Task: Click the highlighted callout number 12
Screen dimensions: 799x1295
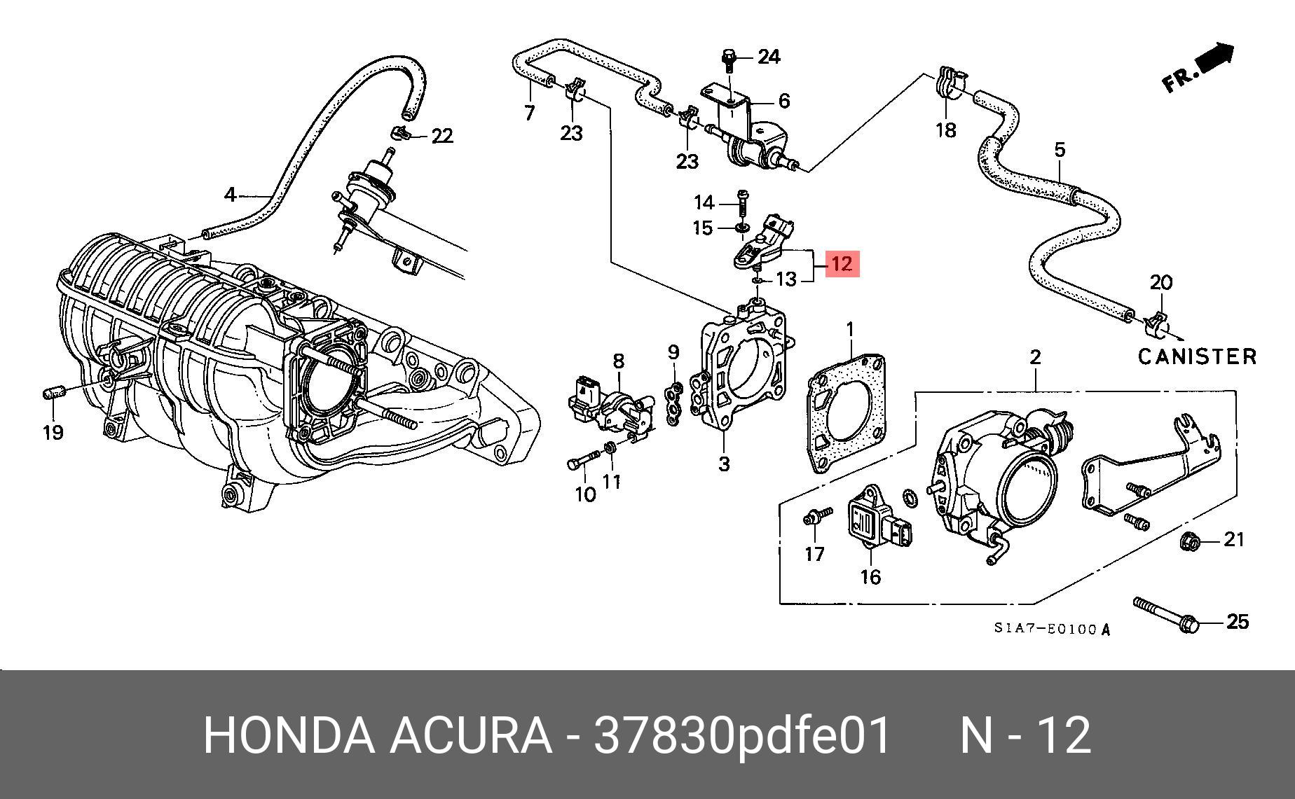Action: point(842,264)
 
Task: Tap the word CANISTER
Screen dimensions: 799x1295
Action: point(1197,356)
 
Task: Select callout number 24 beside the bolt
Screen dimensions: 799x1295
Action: point(769,57)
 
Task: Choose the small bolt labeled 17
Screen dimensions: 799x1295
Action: point(815,517)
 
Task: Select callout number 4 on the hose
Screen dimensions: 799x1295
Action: point(231,194)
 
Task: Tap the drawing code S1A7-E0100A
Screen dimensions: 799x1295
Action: point(1052,629)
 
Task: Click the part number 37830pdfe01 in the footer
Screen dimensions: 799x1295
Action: point(741,735)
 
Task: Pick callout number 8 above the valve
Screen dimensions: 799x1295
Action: point(618,361)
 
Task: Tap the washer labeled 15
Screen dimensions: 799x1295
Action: point(741,228)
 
